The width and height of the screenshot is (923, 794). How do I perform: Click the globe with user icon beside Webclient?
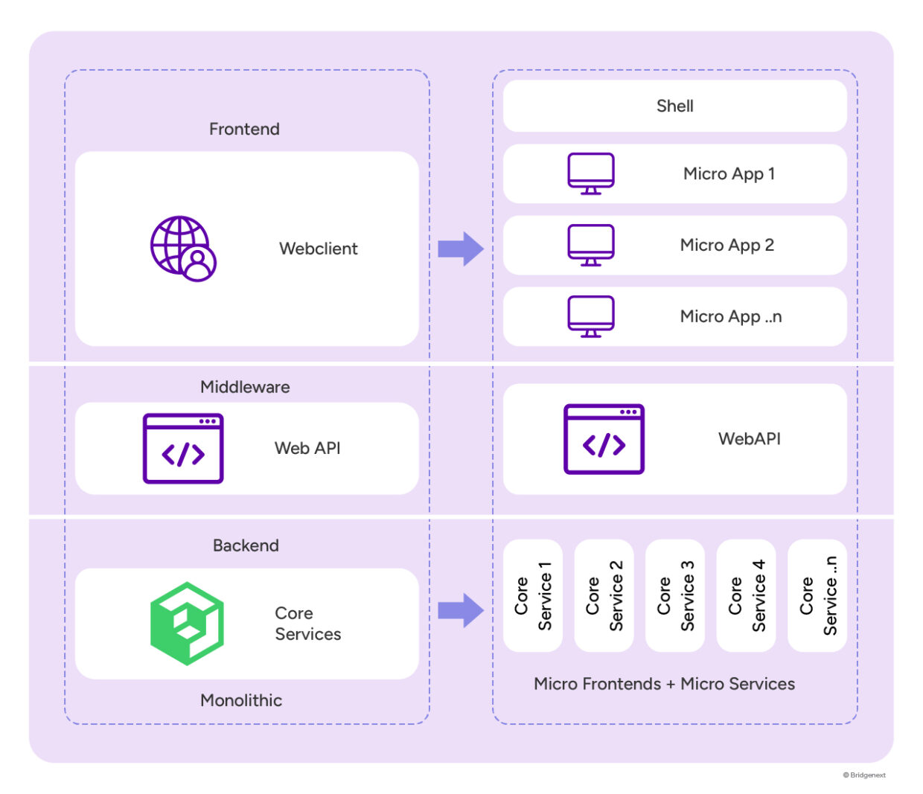183,249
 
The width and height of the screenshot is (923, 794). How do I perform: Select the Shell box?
674,106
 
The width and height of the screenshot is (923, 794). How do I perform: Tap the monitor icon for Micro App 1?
591,173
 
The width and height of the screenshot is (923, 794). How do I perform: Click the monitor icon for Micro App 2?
591,245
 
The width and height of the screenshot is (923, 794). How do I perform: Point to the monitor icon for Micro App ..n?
591,316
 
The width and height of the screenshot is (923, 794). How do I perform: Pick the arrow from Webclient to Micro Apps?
461,249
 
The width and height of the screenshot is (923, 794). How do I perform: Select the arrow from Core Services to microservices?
461,610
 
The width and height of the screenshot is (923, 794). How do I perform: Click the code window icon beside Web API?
183,449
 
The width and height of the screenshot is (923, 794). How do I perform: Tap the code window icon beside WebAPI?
604,439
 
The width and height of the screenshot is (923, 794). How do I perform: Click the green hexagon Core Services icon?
187,624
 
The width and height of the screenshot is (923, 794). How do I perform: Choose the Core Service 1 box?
533,595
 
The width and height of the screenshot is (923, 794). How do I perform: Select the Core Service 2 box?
604,595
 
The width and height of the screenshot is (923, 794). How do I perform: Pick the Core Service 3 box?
675,595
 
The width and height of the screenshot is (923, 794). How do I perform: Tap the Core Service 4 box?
746,595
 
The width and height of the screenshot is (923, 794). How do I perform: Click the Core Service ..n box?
817,595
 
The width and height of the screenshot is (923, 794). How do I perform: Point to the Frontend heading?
244,129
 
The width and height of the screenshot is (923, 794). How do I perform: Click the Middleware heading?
245,387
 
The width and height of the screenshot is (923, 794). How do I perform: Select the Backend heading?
246,545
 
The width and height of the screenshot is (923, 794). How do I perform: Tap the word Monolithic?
241,700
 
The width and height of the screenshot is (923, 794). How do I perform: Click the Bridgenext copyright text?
864,775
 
